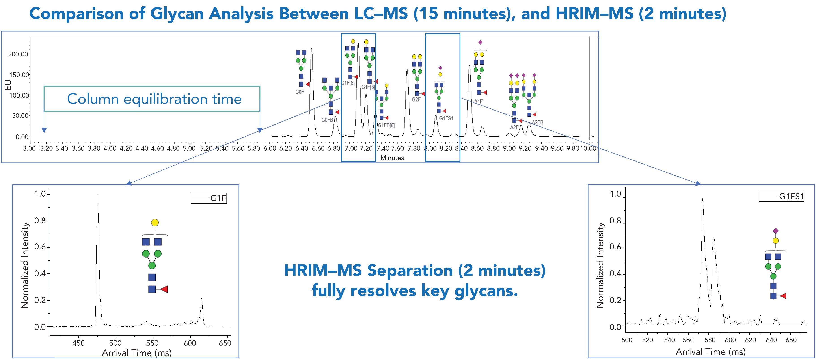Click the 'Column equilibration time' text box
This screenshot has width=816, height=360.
[152, 99]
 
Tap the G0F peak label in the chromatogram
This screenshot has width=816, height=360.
[299, 92]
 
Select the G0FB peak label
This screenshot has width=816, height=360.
[327, 120]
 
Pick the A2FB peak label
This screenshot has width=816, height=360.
[537, 122]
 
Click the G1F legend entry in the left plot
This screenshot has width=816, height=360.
[209, 198]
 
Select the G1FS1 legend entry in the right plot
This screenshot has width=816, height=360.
[782, 197]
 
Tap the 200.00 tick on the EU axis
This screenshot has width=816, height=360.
[18, 54]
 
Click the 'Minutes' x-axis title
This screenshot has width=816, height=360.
[392, 158]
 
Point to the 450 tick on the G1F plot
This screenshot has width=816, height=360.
[79, 343]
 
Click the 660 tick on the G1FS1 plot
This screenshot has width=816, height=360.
[791, 340]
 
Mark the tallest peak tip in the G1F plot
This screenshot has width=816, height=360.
[97, 195]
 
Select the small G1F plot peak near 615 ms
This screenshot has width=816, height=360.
[201, 299]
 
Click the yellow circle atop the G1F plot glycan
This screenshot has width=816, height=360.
[155, 222]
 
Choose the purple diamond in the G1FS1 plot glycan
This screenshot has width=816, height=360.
[775, 231]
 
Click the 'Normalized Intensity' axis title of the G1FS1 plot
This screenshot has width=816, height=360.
[600, 265]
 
